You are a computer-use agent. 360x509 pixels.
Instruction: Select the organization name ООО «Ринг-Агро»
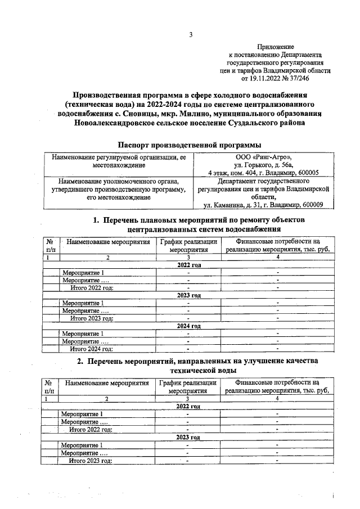[263, 157]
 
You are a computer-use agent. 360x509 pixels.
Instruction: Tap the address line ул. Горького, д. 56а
[263, 165]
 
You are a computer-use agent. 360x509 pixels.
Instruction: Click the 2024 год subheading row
[189, 326]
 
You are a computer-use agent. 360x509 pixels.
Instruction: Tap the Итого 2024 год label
[92, 349]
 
